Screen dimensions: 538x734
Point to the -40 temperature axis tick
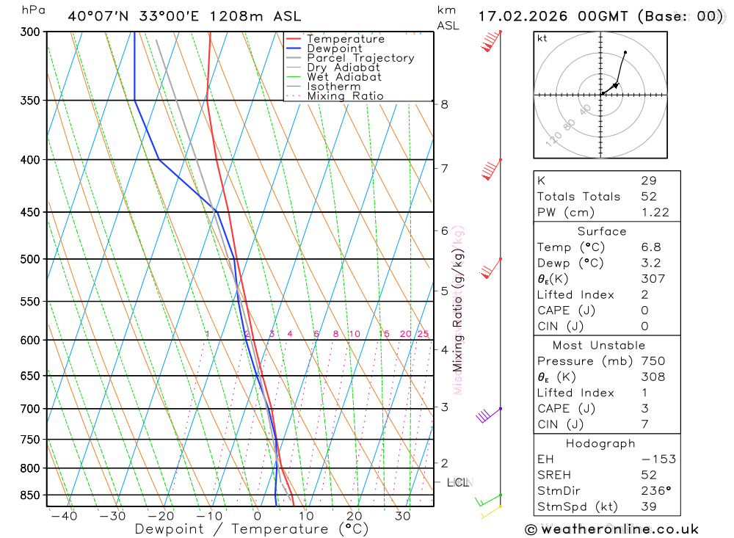64,516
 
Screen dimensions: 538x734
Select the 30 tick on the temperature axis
402,516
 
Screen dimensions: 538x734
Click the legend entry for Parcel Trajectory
360,58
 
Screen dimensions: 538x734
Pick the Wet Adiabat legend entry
344,77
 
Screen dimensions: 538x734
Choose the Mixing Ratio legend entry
345,96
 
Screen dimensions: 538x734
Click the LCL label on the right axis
458,482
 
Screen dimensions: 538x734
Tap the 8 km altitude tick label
444,104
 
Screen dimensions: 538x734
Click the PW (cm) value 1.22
655,212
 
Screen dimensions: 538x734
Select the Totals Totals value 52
649,197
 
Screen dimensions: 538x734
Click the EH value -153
658,459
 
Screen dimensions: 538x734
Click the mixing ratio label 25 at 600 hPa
423,334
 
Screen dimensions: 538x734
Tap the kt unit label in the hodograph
542,38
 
